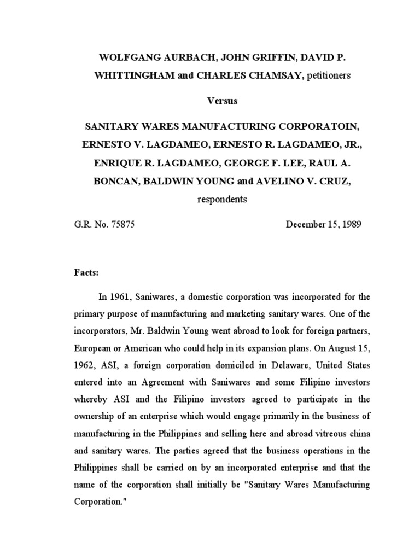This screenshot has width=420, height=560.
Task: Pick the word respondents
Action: pyautogui.click(x=221, y=199)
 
